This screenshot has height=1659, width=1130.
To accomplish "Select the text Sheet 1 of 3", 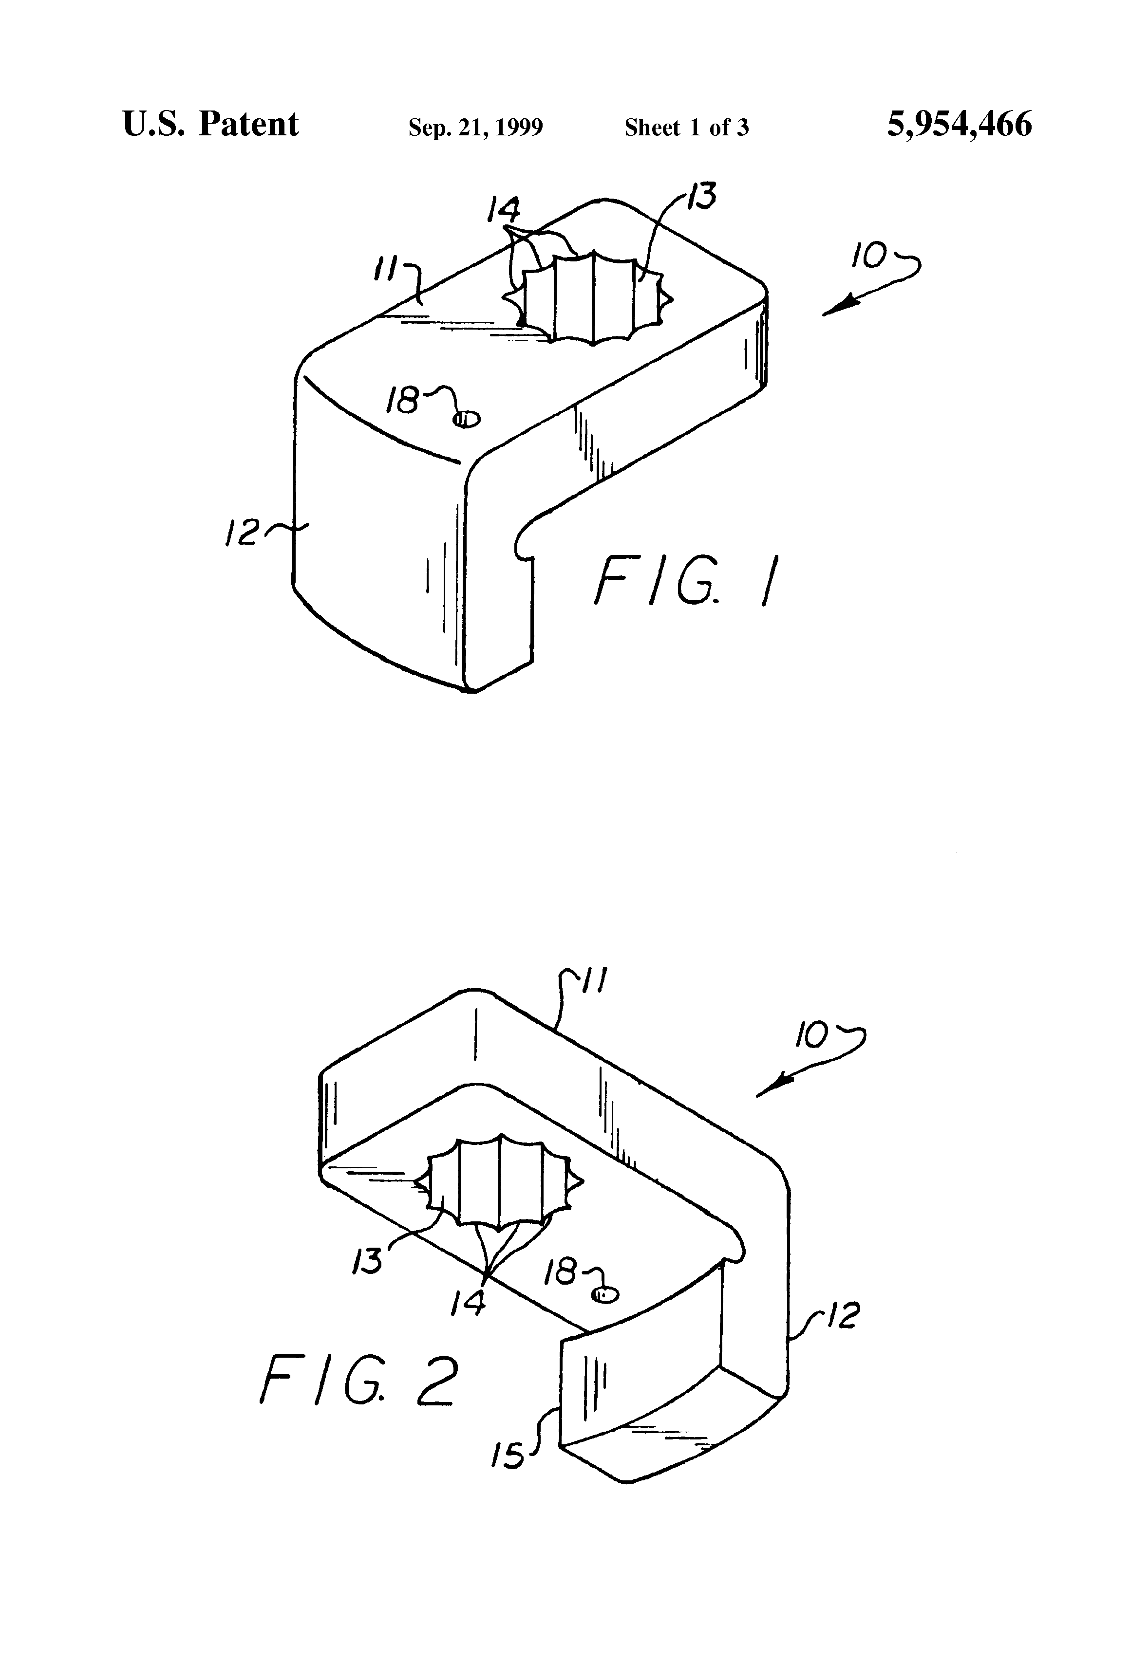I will point(686,128).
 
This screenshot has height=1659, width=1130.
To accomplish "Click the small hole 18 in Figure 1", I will point(467,420).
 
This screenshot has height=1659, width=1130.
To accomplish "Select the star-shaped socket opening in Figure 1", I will point(592,298).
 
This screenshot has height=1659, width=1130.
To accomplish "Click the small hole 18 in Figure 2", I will point(606,1294).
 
